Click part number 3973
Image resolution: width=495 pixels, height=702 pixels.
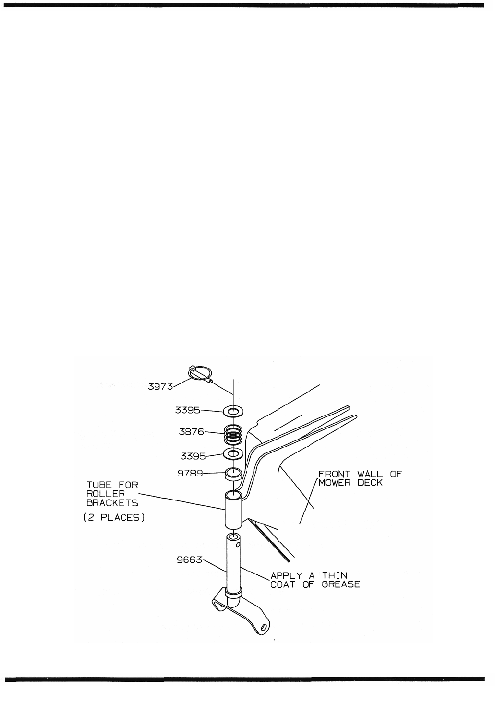[x=160, y=386]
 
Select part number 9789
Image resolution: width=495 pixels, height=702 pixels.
[x=190, y=473]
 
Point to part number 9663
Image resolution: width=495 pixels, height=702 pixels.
[x=190, y=560]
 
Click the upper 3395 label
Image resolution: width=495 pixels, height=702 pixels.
[x=187, y=410]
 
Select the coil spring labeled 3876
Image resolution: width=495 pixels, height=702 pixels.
[x=234, y=433]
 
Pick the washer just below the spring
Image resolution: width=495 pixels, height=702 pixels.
[x=234, y=453]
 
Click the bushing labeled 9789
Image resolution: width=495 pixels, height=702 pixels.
[x=234, y=474]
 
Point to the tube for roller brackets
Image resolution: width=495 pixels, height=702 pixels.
[x=233, y=510]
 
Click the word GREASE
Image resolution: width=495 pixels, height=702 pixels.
[x=341, y=585]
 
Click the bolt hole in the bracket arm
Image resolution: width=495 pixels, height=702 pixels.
[x=264, y=627]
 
